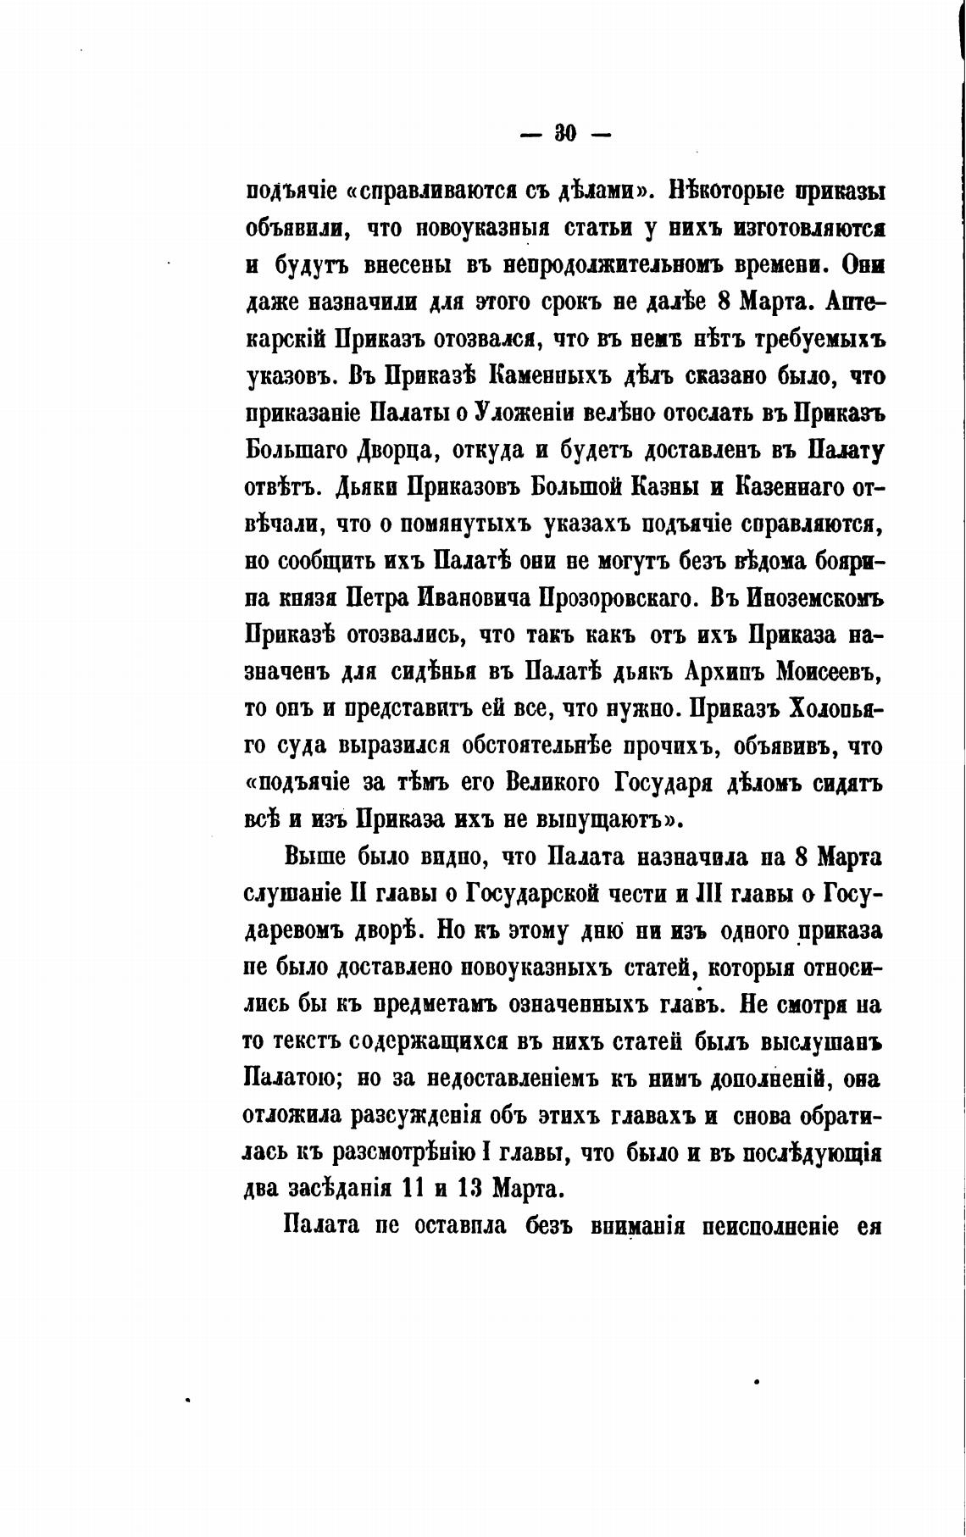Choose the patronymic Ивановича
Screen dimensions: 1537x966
coord(472,599)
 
